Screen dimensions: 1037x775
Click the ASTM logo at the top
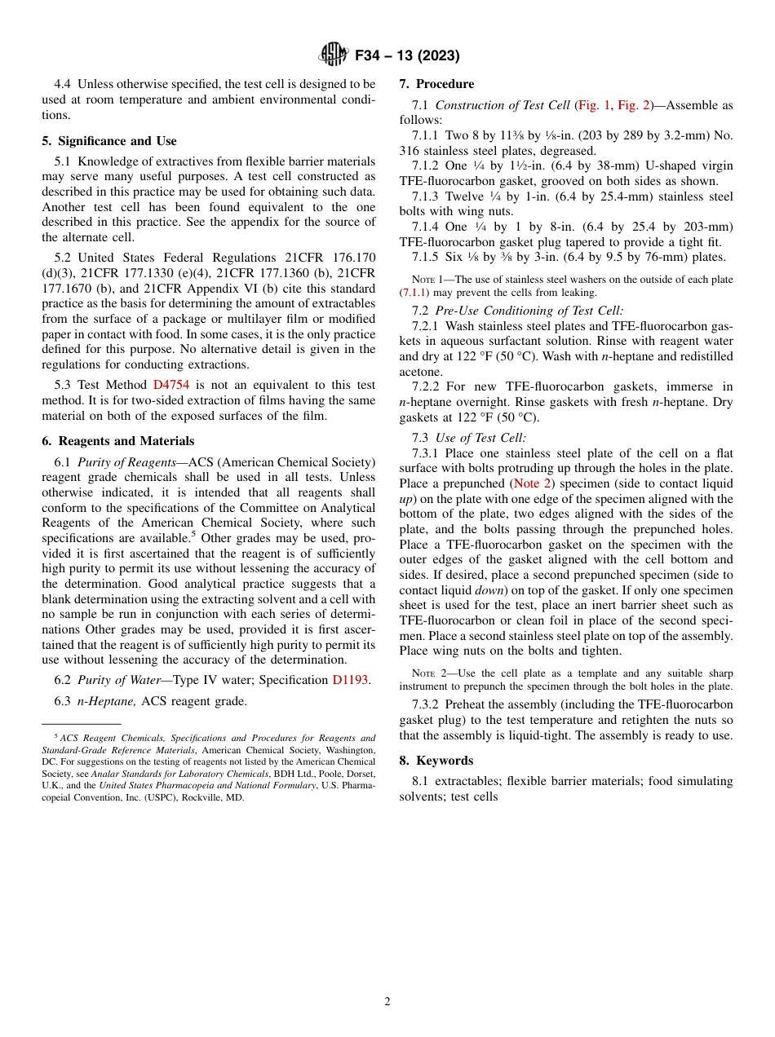point(333,55)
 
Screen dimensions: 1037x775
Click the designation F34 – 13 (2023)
point(407,55)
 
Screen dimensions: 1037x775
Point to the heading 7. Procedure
point(436,84)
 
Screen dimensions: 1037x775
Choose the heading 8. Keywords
point(436,761)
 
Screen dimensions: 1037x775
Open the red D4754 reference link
point(170,385)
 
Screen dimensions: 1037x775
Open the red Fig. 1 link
point(592,105)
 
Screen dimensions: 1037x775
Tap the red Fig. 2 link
point(633,105)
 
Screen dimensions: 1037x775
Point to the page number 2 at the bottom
point(387,1002)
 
